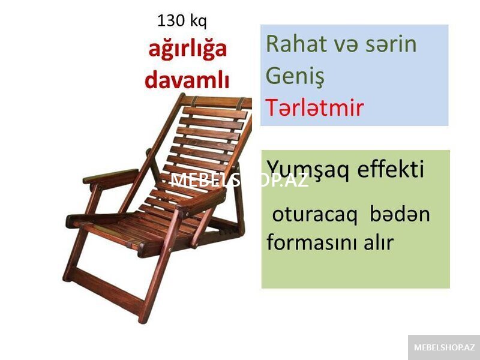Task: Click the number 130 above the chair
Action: [171, 21]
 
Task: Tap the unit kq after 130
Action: [199, 22]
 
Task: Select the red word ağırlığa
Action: [187, 50]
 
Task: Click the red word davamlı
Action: [187, 80]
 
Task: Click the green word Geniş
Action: [295, 77]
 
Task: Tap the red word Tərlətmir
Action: [314, 107]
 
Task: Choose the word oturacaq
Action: [314, 215]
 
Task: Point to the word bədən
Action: [400, 214]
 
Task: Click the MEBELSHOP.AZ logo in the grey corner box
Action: [444, 347]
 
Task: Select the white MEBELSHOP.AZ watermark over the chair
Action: [239, 181]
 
